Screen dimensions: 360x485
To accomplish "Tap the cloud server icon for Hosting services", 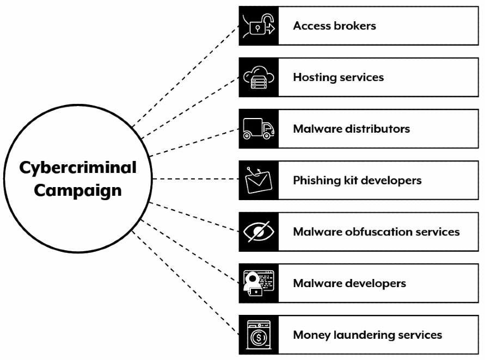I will click(x=259, y=78).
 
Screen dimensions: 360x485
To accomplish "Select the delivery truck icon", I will click(x=259, y=129).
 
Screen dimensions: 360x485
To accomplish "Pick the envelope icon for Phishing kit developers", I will click(x=259, y=181).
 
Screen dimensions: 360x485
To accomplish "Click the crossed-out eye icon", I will click(x=259, y=232).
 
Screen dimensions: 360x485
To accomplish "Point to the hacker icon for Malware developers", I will click(x=259, y=283).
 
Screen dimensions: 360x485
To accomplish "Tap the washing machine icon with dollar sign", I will click(x=259, y=335).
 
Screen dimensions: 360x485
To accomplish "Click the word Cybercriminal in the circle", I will click(x=78, y=168).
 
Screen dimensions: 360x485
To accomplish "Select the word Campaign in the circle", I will click(x=78, y=191).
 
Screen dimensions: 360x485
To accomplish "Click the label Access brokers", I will click(x=334, y=26).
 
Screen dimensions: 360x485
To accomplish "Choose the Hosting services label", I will click(x=338, y=77).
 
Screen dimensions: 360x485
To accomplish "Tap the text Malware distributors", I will click(x=351, y=129).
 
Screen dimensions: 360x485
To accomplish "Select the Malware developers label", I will click(x=348, y=283).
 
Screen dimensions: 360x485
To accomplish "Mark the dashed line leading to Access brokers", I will click(x=185, y=76).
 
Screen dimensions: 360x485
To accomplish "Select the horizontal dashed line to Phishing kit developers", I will click(x=196, y=179).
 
